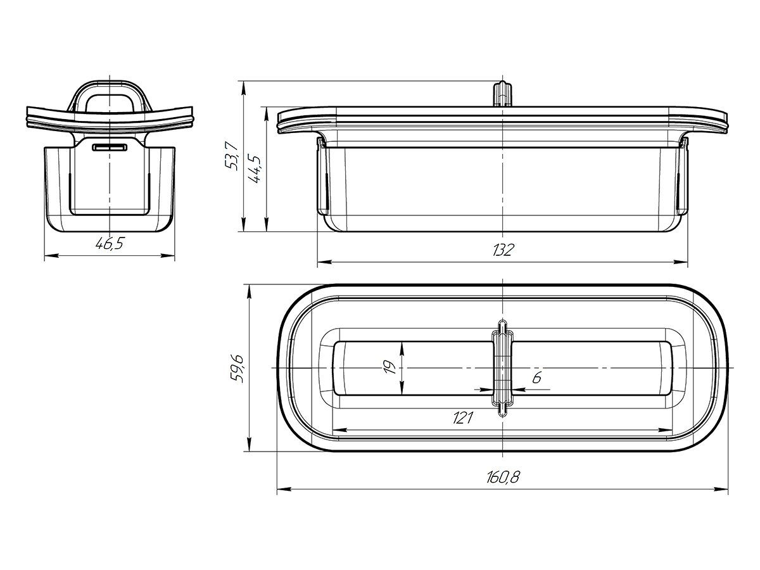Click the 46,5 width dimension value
pyautogui.click(x=110, y=244)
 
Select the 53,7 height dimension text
pyautogui.click(x=232, y=156)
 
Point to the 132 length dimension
pyautogui.click(x=503, y=250)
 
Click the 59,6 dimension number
pyautogui.click(x=238, y=369)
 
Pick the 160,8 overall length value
pyautogui.click(x=503, y=478)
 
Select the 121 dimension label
pyautogui.click(x=463, y=418)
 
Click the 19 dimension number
pyautogui.click(x=389, y=367)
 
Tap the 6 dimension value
pyautogui.click(x=536, y=377)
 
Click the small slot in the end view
pyautogui.click(x=110, y=148)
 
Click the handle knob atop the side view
pyautogui.click(x=502, y=94)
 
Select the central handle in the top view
pyautogui.click(x=502, y=368)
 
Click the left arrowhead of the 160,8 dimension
pyautogui.click(x=284, y=489)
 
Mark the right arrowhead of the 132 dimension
pyautogui.click(x=681, y=262)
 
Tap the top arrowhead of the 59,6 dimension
pyautogui.click(x=249, y=291)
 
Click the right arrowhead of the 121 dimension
pyautogui.click(x=665, y=430)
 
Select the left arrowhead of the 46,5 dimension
pyautogui.click(x=51, y=255)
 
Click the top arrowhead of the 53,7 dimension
pyautogui.click(x=244, y=88)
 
